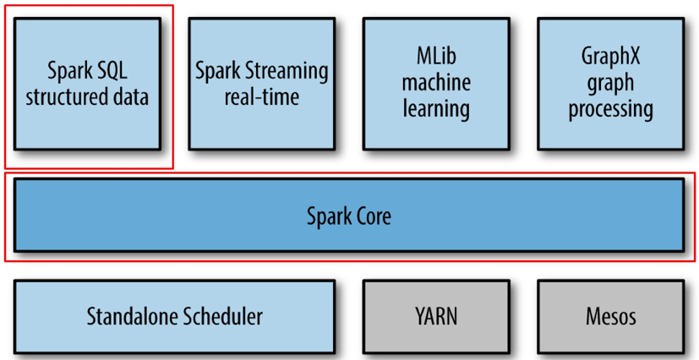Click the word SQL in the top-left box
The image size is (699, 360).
point(111,72)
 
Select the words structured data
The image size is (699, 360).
point(87,97)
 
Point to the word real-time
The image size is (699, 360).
point(262,97)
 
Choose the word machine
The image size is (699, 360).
point(436,84)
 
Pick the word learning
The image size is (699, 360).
point(436,110)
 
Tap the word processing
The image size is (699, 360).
point(611,110)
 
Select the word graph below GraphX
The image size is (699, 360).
point(611,85)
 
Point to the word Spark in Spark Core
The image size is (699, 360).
point(327,217)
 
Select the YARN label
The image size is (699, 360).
point(436,317)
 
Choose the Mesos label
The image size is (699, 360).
point(611,317)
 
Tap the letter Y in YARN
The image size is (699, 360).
point(420,317)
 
